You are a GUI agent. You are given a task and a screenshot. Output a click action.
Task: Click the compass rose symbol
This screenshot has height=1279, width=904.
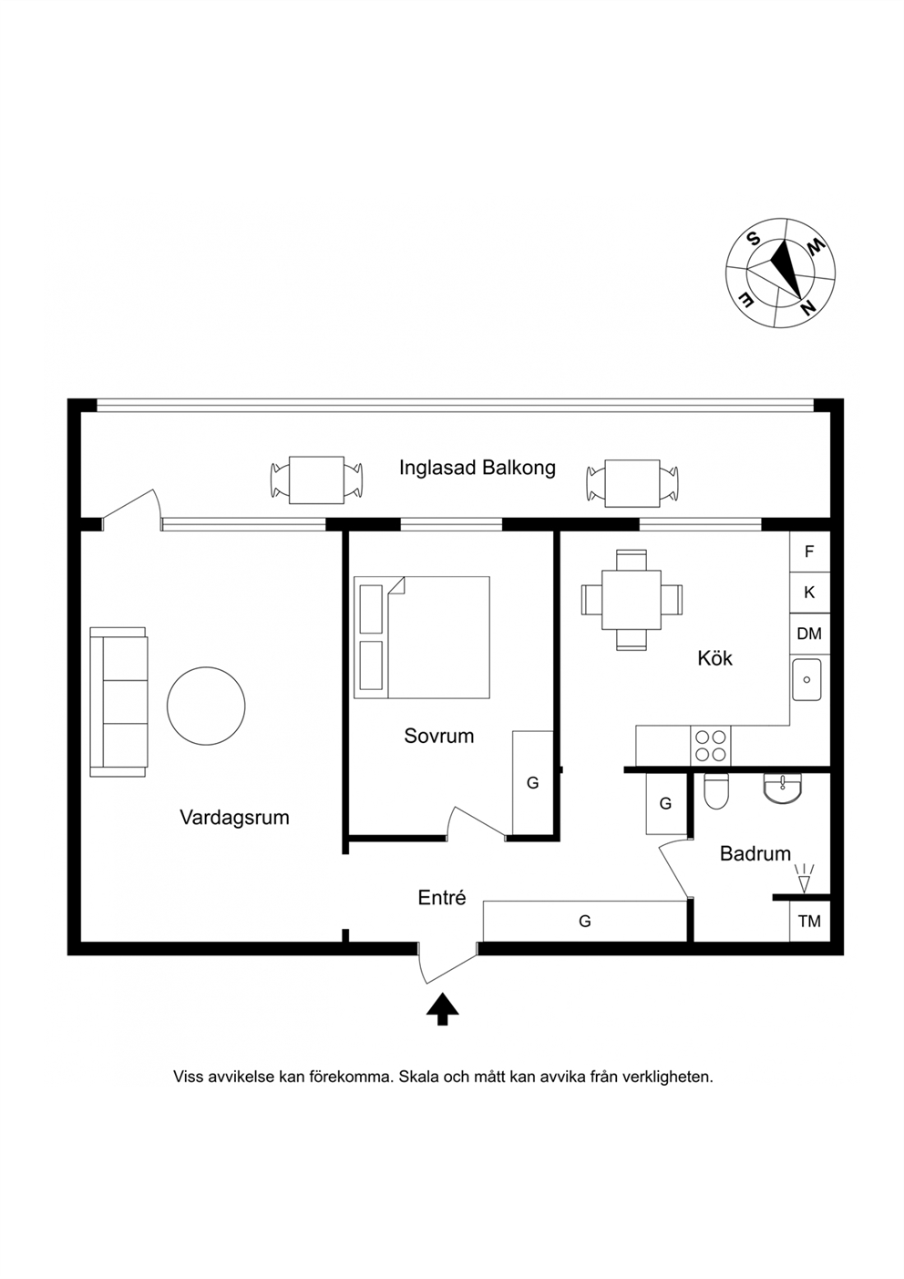pyautogui.click(x=780, y=273)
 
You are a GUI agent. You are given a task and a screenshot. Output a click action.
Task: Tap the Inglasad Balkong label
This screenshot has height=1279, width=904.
pyautogui.click(x=478, y=468)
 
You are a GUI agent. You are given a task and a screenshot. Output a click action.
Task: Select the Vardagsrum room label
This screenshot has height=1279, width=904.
pyautogui.click(x=234, y=818)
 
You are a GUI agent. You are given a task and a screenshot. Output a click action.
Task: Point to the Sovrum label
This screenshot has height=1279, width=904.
pyautogui.click(x=439, y=736)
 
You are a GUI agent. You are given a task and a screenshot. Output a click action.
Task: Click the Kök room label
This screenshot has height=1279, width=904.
pyautogui.click(x=714, y=658)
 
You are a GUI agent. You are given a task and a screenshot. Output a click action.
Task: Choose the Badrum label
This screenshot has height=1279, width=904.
pyautogui.click(x=755, y=853)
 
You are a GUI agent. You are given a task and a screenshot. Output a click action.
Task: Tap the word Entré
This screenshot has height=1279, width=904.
pyautogui.click(x=442, y=898)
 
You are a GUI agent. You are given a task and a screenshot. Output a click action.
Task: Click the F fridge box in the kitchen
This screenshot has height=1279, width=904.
pyautogui.click(x=809, y=552)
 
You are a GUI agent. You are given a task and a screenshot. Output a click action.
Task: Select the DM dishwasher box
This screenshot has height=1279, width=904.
pyautogui.click(x=809, y=634)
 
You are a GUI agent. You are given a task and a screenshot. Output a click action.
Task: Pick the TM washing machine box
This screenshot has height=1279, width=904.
pyautogui.click(x=809, y=921)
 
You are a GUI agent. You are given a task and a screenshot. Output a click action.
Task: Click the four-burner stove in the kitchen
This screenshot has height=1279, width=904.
pyautogui.click(x=711, y=746)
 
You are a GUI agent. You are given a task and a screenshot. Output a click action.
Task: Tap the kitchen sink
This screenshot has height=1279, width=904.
pyautogui.click(x=806, y=679)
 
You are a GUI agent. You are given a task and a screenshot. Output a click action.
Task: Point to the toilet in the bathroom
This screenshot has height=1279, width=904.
pyautogui.click(x=717, y=791)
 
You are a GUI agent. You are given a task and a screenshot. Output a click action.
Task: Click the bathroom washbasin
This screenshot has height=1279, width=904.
pyautogui.click(x=783, y=788)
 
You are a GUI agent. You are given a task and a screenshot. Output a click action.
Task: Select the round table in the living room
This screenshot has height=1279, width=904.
pyautogui.click(x=206, y=706)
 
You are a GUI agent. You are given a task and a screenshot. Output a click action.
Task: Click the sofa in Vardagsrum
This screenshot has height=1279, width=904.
pyautogui.click(x=118, y=702)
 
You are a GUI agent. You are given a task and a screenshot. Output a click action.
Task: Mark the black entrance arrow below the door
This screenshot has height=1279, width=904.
pyautogui.click(x=442, y=1009)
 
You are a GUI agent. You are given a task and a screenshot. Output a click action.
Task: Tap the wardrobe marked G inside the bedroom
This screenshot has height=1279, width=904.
pyautogui.click(x=533, y=782)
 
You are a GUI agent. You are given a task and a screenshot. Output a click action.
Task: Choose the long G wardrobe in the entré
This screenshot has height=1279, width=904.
pyautogui.click(x=585, y=921)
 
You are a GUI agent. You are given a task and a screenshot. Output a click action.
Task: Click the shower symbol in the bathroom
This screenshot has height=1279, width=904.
pyautogui.click(x=805, y=878)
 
